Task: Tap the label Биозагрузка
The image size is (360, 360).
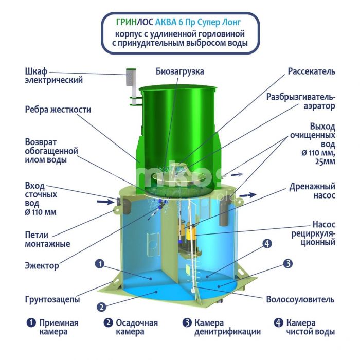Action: click(180, 71)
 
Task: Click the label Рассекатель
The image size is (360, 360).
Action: click(311, 71)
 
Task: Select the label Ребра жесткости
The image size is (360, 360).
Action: click(58, 110)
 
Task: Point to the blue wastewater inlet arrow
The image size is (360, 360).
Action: click(105, 202)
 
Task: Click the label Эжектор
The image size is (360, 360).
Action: click(42, 266)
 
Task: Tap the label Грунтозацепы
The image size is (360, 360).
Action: click(52, 299)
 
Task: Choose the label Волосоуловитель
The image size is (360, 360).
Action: click(300, 299)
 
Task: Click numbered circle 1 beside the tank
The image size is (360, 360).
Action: click(100, 264)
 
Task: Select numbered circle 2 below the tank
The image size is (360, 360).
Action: click(101, 307)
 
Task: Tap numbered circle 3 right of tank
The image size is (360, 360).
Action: click(287, 264)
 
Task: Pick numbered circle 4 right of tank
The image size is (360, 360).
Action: click(267, 243)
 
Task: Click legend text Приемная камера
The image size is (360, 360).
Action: click(59, 327)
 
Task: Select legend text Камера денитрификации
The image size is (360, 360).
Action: click(227, 327)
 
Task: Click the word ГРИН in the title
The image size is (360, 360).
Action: click(127, 22)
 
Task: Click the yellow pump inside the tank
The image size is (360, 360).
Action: click(188, 237)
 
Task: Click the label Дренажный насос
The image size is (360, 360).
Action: click(312, 191)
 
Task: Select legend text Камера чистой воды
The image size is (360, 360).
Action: click(311, 327)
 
